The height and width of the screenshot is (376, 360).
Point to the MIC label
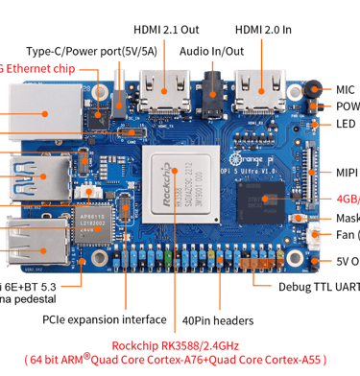point(344,88)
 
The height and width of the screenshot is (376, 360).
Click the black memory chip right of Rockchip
point(260,204)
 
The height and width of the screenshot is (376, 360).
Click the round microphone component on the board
point(315,90)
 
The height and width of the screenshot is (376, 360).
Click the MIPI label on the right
point(347,173)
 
